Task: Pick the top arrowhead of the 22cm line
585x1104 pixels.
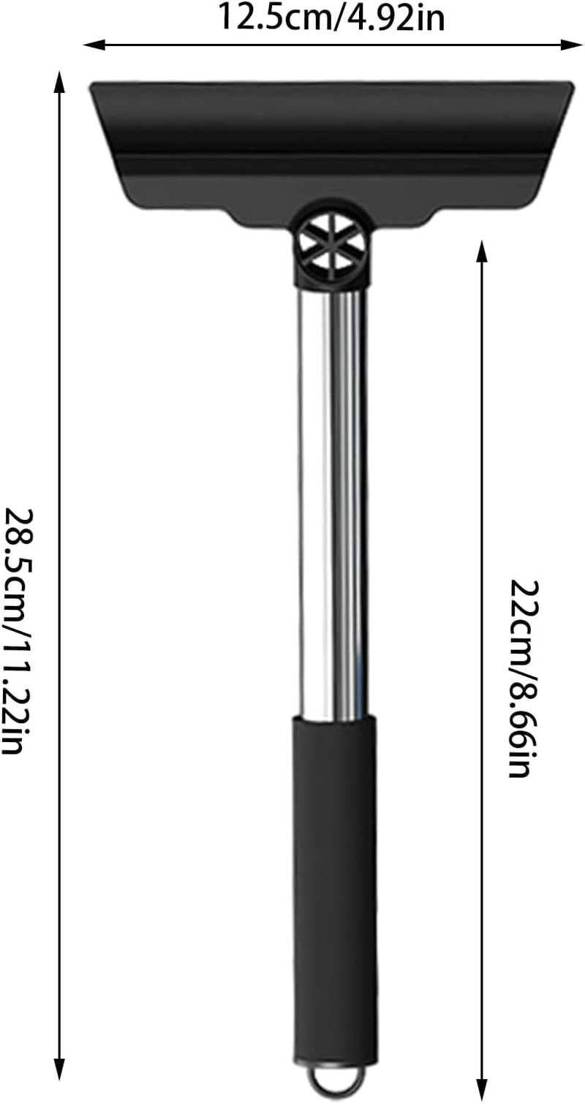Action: click(481, 249)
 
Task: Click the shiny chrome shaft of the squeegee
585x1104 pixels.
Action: click(333, 504)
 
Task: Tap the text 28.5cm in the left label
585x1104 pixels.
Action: click(16, 553)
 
